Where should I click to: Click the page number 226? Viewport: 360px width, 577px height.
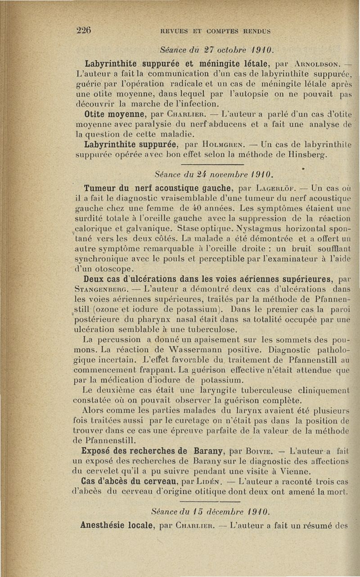(x=84, y=31)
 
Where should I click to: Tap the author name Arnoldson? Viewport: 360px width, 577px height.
(x=320, y=64)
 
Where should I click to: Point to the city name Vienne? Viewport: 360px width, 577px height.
(x=295, y=471)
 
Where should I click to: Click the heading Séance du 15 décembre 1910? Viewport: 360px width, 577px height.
(x=214, y=513)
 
